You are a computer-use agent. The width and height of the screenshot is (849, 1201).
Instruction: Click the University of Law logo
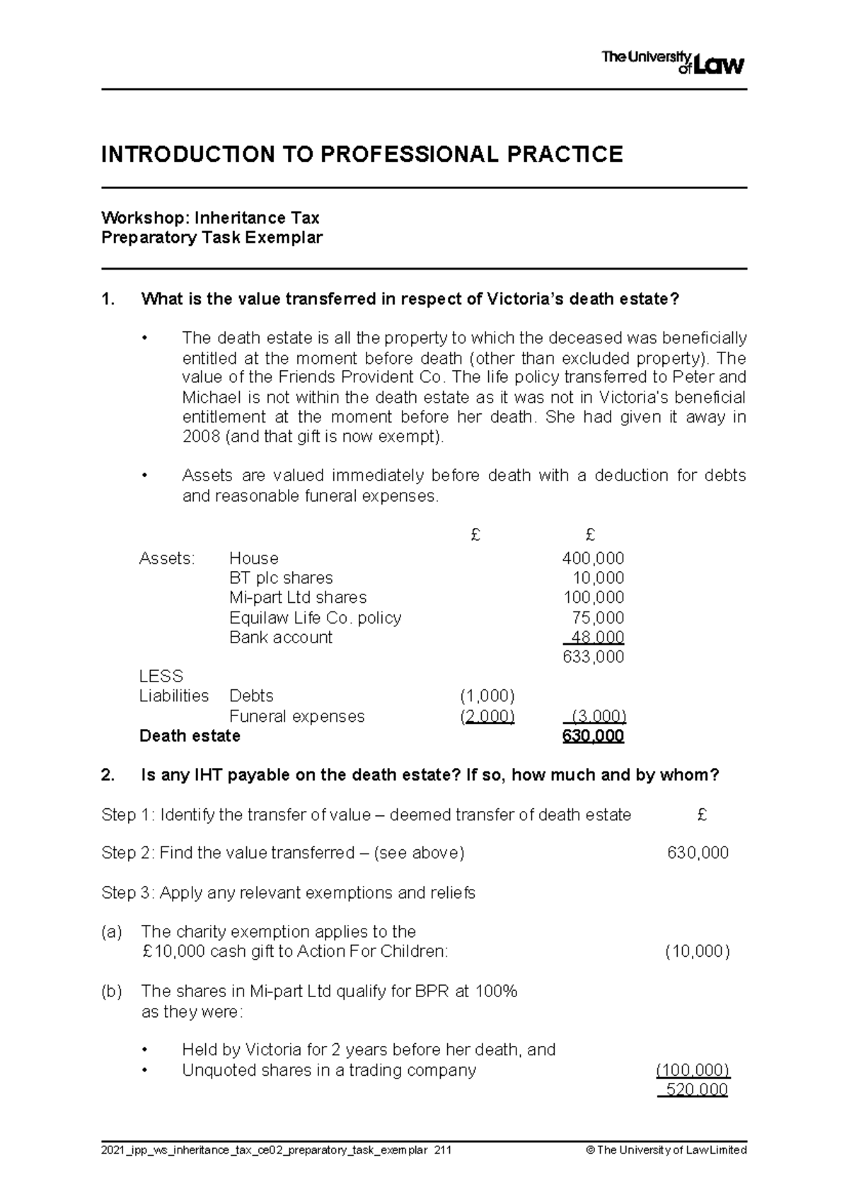click(x=672, y=62)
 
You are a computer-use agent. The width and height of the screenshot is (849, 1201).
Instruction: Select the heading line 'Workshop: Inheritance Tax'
click(x=210, y=217)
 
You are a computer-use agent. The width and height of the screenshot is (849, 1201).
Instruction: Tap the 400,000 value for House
click(x=593, y=558)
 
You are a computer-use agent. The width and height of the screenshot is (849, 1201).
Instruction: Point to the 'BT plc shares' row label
click(x=281, y=577)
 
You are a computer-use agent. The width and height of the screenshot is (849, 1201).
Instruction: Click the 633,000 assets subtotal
click(x=593, y=657)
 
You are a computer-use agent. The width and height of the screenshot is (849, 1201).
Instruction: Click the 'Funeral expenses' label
click(x=296, y=716)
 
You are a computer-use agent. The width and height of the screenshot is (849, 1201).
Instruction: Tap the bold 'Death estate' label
click(x=190, y=736)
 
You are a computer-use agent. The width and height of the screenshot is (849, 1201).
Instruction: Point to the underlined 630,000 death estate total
click(x=593, y=736)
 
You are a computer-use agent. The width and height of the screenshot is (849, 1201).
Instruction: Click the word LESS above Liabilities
click(x=161, y=676)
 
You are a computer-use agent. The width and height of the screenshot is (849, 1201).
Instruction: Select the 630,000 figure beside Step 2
click(x=698, y=853)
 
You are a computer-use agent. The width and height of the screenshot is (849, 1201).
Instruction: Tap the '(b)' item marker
click(x=112, y=992)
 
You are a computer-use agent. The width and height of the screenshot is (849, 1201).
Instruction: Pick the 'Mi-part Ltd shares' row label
click(x=298, y=597)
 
